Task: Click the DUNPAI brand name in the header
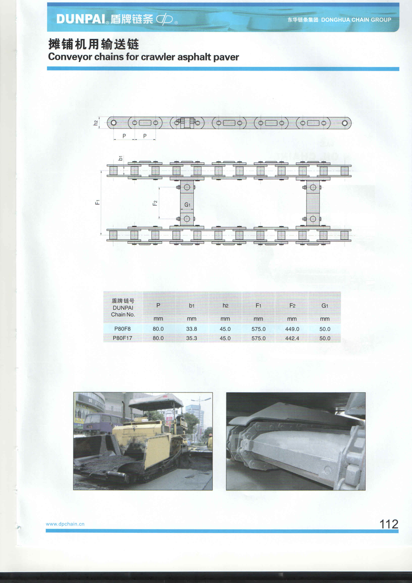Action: point(81,19)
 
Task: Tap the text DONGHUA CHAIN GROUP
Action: point(356,20)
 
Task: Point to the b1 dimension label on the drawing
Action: point(120,158)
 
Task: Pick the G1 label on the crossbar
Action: point(187,205)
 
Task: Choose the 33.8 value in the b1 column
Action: point(192,329)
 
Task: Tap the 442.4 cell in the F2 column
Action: point(292,338)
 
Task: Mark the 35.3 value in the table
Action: point(192,338)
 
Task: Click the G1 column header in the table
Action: point(325,306)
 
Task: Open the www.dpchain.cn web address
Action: point(65,524)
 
